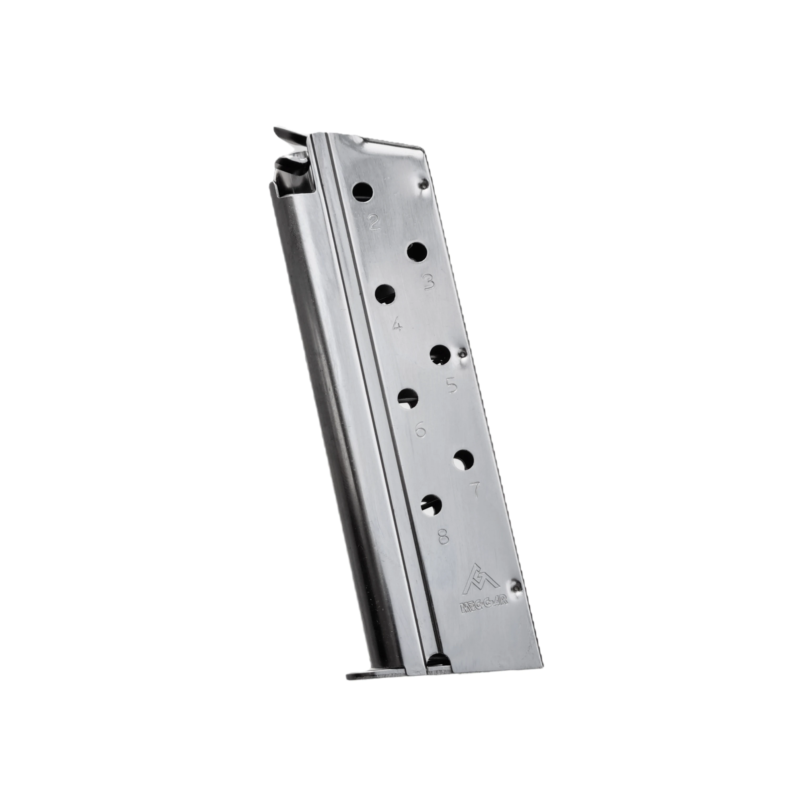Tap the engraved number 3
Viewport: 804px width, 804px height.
pos(428,283)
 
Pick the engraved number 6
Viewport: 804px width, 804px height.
pos(421,429)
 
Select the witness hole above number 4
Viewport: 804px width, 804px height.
pos(385,294)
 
